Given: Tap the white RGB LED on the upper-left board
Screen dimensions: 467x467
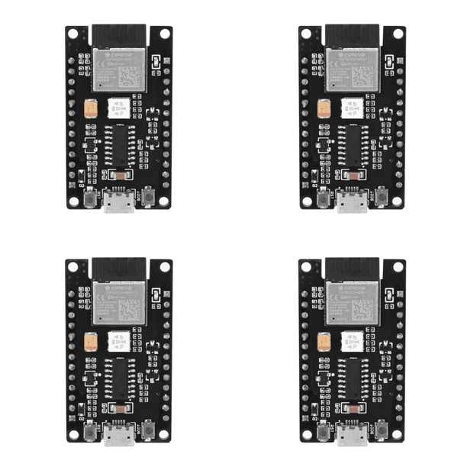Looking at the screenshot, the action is coord(118,107).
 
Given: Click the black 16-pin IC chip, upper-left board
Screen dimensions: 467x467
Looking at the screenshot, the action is coord(121,143).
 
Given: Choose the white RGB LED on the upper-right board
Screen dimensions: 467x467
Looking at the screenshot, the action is coord(352,107).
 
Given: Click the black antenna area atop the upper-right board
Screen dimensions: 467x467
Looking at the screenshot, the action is coord(352,34).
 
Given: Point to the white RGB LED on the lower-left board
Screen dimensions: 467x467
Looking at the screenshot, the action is coord(118,340).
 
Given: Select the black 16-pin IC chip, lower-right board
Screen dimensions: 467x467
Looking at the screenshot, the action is coord(354,376).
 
